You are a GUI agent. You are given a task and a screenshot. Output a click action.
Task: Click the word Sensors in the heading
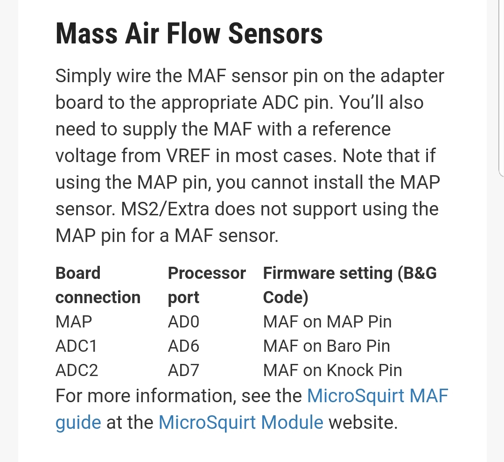pyautogui.click(x=275, y=34)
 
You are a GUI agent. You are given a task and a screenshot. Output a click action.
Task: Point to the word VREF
pyautogui.click(x=188, y=156)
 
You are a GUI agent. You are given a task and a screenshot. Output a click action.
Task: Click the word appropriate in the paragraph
pyautogui.click(x=209, y=103)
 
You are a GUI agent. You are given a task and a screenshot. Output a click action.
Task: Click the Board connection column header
pyautogui.click(x=98, y=285)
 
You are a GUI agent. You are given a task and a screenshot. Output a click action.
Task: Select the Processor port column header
pyautogui.click(x=207, y=285)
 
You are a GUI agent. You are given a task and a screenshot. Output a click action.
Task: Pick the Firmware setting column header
pyautogui.click(x=350, y=285)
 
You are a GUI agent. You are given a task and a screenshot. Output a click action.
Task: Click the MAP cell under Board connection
pyautogui.click(x=74, y=322)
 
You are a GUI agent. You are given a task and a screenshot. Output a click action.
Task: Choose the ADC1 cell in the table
pyautogui.click(x=76, y=346)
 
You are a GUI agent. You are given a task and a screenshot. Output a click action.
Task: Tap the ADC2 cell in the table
pyautogui.click(x=77, y=370)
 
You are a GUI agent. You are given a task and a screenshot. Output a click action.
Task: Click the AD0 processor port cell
pyautogui.click(x=183, y=322)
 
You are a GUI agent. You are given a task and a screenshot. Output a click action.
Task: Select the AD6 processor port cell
pyautogui.click(x=183, y=346)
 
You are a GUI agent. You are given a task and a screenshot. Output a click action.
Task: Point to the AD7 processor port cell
pyautogui.click(x=183, y=370)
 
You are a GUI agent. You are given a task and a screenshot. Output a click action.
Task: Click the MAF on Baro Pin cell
pyautogui.click(x=327, y=346)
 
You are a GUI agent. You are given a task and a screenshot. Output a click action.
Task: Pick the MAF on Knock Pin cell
pyautogui.click(x=332, y=370)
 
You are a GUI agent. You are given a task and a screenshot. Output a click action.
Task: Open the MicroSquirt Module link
pyautogui.click(x=241, y=422)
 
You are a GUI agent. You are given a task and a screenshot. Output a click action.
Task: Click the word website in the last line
pyautogui.click(x=363, y=422)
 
